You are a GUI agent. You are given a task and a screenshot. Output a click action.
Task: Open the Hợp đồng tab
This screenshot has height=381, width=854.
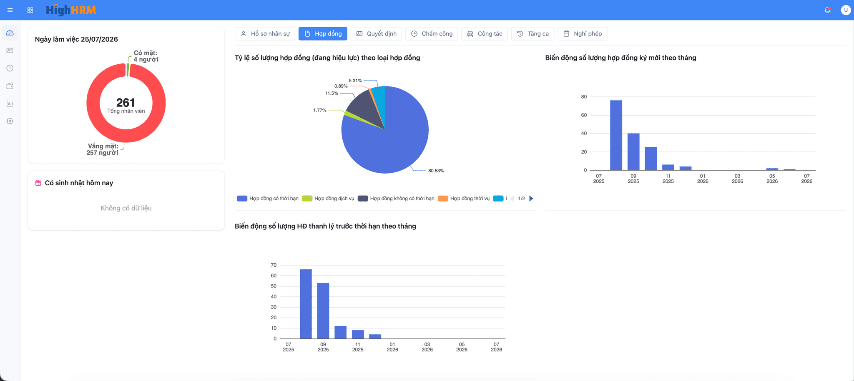(x=323, y=34)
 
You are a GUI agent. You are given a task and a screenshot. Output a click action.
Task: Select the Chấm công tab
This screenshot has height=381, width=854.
(x=432, y=34)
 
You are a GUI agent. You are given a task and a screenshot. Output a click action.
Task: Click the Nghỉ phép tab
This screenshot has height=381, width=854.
(x=582, y=34)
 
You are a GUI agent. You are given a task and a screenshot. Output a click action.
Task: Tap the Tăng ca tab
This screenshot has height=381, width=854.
(x=532, y=34)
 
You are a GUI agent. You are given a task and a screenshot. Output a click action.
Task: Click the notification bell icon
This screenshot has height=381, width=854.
(x=828, y=10)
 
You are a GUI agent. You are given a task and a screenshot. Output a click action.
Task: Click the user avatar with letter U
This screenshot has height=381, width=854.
(x=846, y=10)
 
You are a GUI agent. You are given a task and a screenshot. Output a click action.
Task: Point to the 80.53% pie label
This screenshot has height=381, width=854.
(x=436, y=171)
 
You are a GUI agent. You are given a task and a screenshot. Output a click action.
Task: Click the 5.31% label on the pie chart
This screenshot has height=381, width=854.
(x=355, y=81)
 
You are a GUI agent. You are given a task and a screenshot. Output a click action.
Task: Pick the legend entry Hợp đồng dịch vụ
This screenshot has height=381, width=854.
(x=328, y=199)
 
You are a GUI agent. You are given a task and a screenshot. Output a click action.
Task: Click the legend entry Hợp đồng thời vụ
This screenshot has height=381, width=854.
(x=464, y=199)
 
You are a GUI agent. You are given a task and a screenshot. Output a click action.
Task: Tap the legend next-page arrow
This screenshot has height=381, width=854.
(x=531, y=199)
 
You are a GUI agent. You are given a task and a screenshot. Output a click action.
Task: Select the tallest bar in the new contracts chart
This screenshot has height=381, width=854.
(x=616, y=135)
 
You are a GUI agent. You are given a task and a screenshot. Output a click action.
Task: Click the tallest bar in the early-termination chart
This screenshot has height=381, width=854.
(x=306, y=304)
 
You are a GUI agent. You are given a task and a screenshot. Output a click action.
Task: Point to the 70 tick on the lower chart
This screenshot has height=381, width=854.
(x=274, y=265)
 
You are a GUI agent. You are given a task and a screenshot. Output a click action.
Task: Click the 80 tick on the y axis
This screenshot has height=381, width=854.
(x=584, y=97)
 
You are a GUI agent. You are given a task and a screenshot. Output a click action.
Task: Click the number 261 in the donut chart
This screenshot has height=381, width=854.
(x=126, y=103)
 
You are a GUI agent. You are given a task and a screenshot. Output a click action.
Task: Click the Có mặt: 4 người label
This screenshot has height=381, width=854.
(x=146, y=56)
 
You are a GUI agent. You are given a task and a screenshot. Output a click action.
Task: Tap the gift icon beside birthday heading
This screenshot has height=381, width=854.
(x=38, y=183)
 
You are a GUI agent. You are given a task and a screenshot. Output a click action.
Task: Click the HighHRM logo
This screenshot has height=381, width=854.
(x=71, y=10)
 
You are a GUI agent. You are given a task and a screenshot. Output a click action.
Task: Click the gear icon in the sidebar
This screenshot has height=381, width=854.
(x=10, y=121)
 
